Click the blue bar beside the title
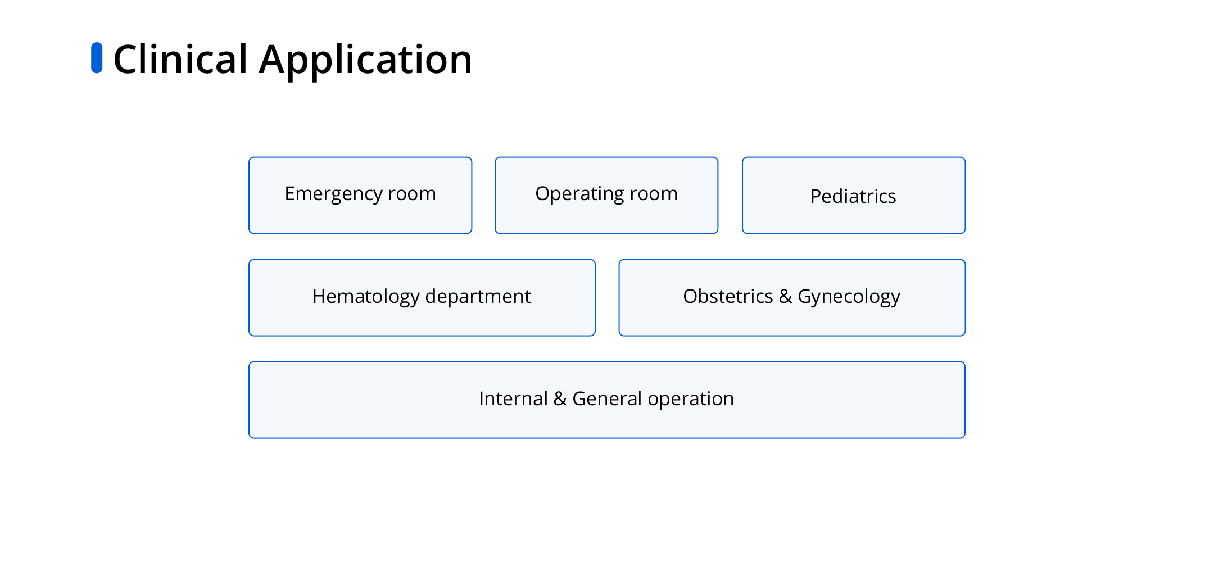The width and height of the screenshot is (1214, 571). tap(97, 58)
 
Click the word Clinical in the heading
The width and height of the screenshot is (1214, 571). tap(180, 59)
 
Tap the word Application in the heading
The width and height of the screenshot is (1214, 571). tap(365, 61)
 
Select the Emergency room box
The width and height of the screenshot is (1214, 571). tap(360, 195)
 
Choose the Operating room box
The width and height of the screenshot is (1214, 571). tap(606, 195)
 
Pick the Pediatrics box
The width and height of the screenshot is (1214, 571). tap(854, 195)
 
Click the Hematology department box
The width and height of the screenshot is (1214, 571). tap(422, 297)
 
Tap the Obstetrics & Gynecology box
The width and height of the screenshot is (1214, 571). tap(792, 297)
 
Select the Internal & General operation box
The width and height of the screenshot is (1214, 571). tap(607, 400)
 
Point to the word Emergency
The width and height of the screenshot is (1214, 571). tap(333, 194)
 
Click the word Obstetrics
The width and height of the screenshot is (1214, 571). tap(728, 296)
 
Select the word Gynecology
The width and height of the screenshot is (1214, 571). tap(849, 297)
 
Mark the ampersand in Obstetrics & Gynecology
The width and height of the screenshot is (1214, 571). tap(785, 296)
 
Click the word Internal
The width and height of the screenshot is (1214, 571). tap(513, 398)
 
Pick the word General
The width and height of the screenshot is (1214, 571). tap(607, 398)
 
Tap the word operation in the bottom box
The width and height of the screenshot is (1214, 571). tap(691, 400)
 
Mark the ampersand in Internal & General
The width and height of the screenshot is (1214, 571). tap(560, 398)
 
